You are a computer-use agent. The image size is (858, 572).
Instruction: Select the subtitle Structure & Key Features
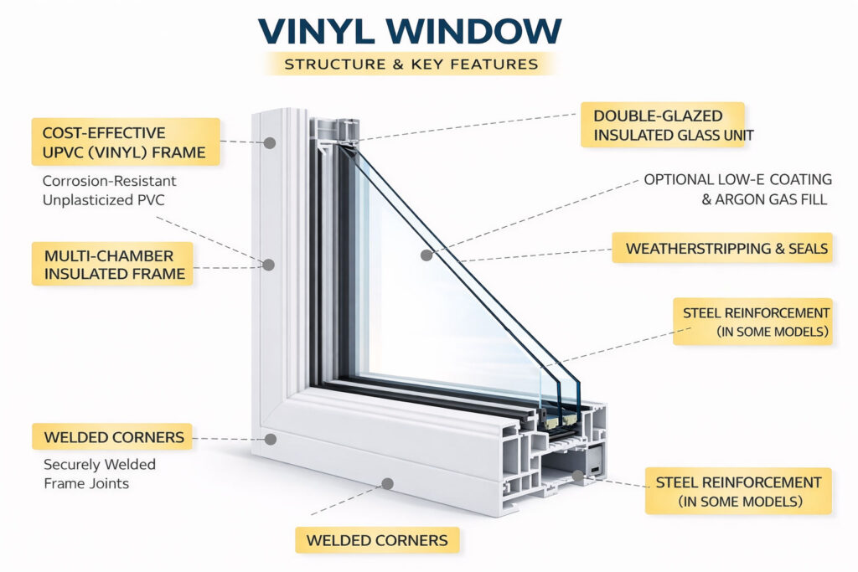click(410, 64)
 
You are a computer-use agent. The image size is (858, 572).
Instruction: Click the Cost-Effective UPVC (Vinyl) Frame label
click(126, 142)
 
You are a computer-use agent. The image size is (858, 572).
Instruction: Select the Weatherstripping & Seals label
click(722, 248)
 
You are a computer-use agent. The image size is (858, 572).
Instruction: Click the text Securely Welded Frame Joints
click(100, 474)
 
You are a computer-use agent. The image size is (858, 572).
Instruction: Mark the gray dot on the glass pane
click(426, 255)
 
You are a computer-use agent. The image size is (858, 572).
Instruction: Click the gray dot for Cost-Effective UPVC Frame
click(270, 143)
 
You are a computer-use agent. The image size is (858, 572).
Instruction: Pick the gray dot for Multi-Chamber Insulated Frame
click(269, 265)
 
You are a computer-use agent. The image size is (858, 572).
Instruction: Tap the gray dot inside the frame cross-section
click(577, 477)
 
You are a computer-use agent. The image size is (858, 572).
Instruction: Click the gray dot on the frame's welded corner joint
click(270, 438)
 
